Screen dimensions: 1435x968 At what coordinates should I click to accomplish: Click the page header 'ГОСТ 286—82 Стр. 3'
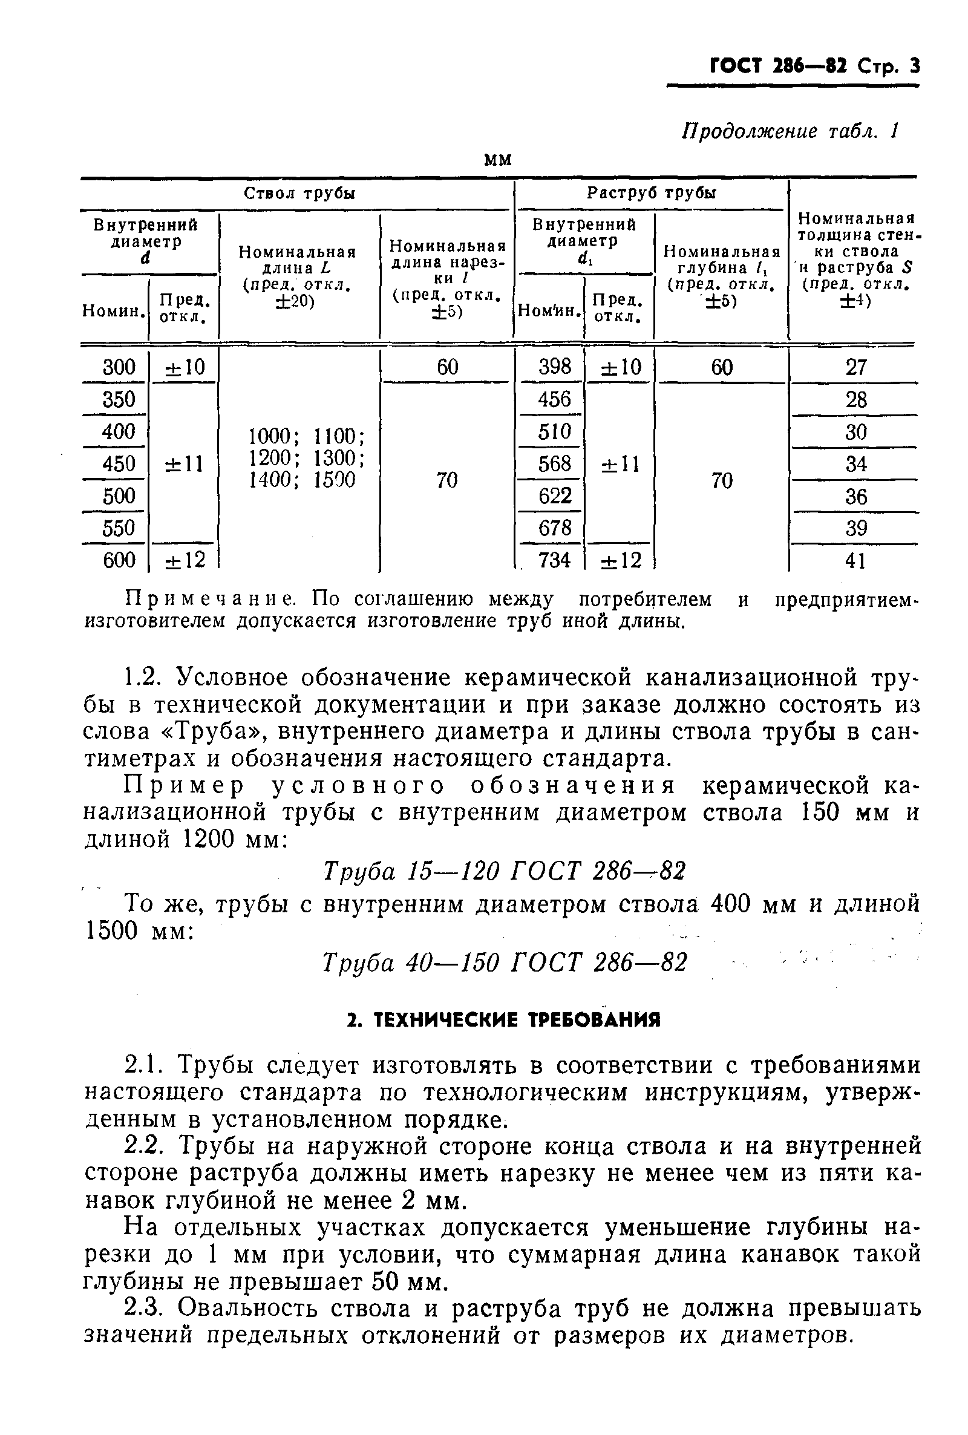814,66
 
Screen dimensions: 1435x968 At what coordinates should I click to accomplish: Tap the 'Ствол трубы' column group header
299,194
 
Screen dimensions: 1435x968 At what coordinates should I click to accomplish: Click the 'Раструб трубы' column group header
651,194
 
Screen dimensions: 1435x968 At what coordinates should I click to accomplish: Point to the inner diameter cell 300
119,367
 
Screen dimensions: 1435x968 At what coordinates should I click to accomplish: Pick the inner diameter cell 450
119,463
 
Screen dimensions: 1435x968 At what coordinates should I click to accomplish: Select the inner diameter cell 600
119,560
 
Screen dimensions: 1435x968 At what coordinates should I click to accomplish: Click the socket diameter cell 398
554,367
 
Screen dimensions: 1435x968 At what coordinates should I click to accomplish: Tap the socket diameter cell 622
554,495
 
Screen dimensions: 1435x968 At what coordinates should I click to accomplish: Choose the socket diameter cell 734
554,560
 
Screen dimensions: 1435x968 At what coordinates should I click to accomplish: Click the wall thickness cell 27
855,368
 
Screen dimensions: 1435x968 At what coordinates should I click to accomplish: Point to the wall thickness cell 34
855,464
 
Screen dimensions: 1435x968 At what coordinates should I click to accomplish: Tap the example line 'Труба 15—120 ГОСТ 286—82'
504,871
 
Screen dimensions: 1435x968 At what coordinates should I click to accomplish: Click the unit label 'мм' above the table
497,160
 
